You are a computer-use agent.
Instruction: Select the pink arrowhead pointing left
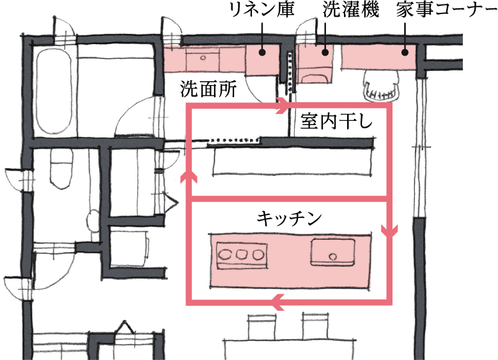point(276,301)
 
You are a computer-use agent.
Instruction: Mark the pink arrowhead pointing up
point(189,178)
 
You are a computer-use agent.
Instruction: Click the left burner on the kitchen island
point(225,254)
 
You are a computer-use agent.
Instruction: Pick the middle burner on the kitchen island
point(242,254)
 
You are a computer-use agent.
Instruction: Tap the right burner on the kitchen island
point(258,254)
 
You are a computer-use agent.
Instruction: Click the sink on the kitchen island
point(331,253)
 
